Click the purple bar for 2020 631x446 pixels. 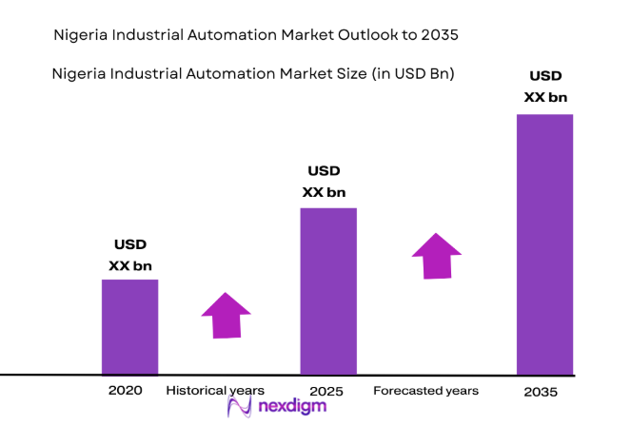(130, 326)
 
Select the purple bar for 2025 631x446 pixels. (328, 290)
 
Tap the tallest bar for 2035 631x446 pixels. (544, 243)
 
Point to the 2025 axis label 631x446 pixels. (326, 391)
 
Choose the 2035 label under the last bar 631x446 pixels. (541, 392)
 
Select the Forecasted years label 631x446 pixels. (425, 391)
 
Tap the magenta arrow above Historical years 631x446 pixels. (226, 314)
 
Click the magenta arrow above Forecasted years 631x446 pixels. (436, 255)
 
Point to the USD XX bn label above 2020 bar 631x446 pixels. (130, 255)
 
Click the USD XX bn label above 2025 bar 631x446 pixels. (324, 182)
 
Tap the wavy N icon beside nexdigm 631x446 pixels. (239, 407)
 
